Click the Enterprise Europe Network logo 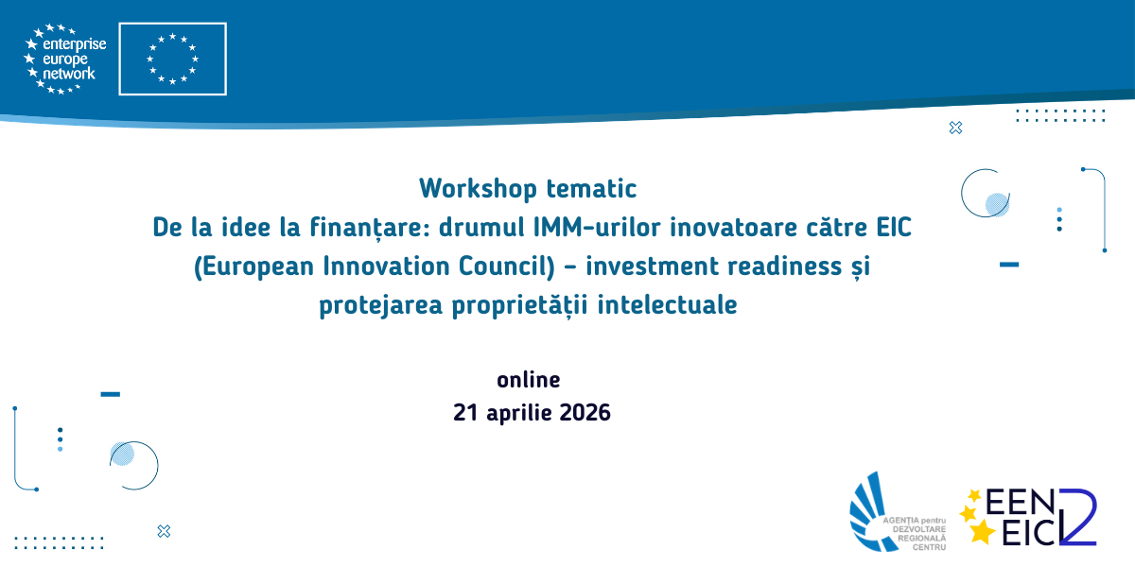coord(65,59)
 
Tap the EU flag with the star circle coord(172,59)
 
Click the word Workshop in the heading coord(478,189)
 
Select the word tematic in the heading coord(591,189)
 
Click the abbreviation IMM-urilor coord(597,227)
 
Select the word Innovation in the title coord(386,266)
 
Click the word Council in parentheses coord(507,266)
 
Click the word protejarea coord(380,305)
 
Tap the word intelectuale coord(668,304)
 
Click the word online coord(529,380)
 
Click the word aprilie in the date coord(518,414)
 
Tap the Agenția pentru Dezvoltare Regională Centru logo coord(898,511)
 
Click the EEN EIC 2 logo coord(1029,517)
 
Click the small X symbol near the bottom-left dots coord(164,531)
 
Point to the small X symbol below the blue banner coord(955,128)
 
